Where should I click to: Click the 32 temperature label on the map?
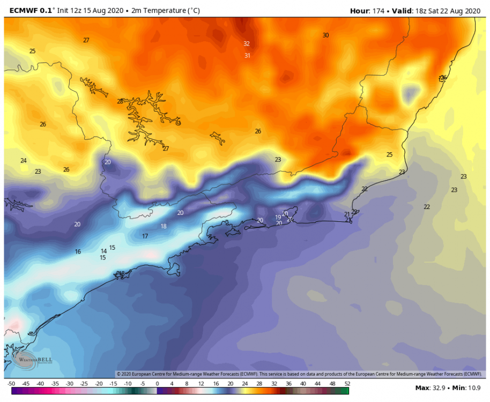[247, 43]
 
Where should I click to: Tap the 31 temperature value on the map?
[247, 55]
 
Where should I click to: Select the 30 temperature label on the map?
[325, 35]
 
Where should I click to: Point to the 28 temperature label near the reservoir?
[120, 101]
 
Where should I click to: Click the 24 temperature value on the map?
[24, 161]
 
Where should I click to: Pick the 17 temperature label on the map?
[145, 236]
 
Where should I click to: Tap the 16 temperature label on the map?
[78, 251]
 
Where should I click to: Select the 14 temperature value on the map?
[103, 251]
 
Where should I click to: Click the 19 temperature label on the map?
[278, 217]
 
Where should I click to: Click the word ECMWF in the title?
[19, 10]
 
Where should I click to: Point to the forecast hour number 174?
[378, 10]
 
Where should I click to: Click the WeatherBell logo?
[25, 359]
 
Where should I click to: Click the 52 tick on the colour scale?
[346, 384]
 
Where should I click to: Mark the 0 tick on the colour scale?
[157, 384]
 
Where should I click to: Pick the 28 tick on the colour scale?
[259, 384]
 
